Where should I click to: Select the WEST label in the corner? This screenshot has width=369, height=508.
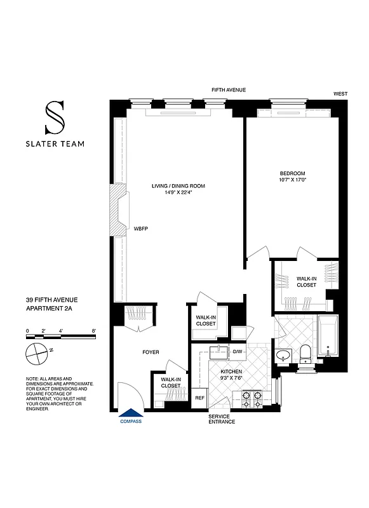[x=340, y=94]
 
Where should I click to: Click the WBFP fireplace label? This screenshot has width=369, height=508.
[x=140, y=229]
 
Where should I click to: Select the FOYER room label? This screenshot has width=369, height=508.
[x=151, y=352]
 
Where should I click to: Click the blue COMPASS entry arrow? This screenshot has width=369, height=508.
[x=131, y=413]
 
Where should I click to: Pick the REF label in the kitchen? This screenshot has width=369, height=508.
[x=199, y=398]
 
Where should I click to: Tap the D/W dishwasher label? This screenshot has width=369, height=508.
[x=238, y=351]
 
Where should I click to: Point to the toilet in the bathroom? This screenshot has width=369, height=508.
[x=306, y=352]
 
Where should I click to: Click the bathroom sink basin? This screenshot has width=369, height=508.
[x=283, y=354]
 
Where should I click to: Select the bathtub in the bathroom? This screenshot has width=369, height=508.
[x=328, y=335]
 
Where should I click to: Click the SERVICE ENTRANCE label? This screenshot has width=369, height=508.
[x=222, y=418]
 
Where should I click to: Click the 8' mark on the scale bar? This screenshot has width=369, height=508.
[x=93, y=331]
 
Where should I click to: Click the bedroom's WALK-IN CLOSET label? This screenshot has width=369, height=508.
[x=306, y=281]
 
